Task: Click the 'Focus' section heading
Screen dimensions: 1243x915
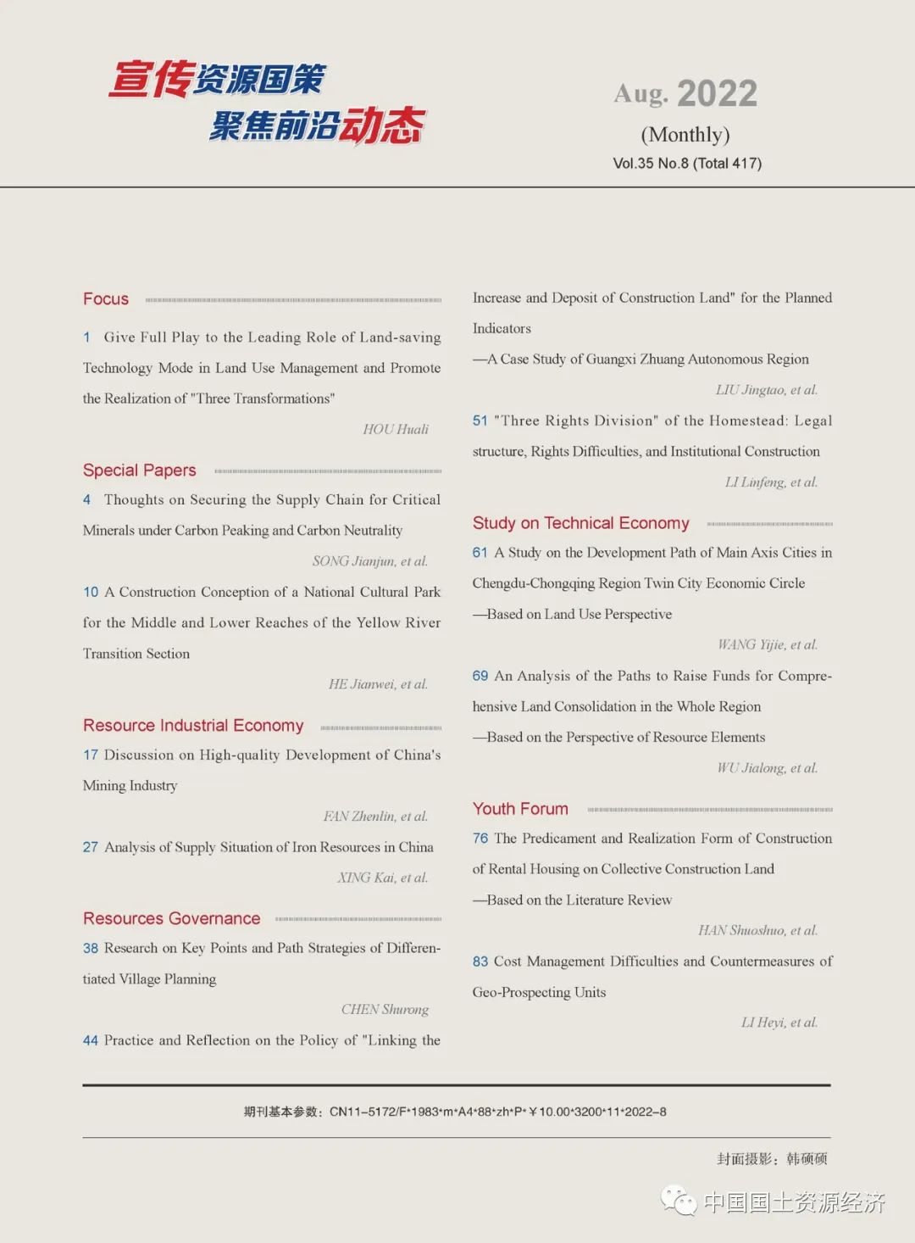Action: click(x=106, y=299)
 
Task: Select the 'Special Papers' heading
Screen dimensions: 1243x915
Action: click(x=140, y=471)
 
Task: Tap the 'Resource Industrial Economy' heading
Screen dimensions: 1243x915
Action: click(x=193, y=726)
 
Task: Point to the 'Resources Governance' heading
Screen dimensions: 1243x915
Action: click(x=172, y=919)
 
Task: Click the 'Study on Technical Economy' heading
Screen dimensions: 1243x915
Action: click(x=581, y=523)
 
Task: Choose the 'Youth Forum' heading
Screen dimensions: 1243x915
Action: click(x=520, y=809)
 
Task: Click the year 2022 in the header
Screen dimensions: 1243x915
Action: click(x=717, y=94)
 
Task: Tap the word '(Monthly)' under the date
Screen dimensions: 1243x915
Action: click(x=685, y=135)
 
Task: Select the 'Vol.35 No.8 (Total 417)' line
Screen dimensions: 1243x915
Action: click(x=687, y=164)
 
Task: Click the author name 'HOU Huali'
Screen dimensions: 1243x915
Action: click(x=396, y=429)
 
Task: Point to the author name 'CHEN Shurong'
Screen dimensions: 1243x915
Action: click(x=385, y=1009)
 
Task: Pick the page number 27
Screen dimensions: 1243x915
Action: click(x=91, y=847)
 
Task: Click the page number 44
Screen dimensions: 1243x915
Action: click(x=91, y=1040)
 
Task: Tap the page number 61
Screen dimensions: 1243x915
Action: click(x=480, y=553)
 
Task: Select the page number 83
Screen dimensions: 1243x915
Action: click(x=480, y=962)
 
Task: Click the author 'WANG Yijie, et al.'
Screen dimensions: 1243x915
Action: click(x=768, y=644)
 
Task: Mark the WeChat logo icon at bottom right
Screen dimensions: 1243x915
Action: click(x=679, y=1201)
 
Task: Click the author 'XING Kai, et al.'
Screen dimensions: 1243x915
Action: click(x=383, y=878)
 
